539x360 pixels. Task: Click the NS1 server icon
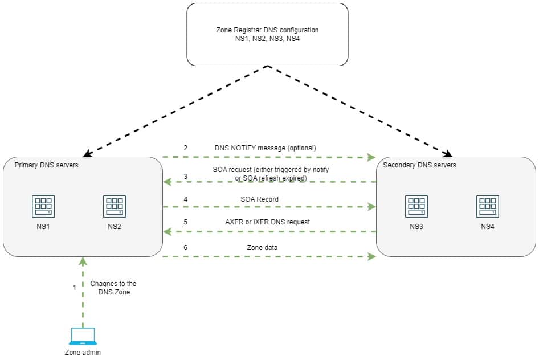pos(43,206)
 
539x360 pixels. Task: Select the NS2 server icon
pos(115,206)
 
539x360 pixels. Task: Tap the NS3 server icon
pos(416,206)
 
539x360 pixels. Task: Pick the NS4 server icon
pos(488,206)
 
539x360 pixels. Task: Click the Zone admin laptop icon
pos(83,337)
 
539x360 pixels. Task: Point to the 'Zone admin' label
pos(83,352)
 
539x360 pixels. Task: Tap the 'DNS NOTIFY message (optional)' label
pos(265,148)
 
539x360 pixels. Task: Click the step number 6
pos(185,248)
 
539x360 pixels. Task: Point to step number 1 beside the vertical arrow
pos(74,288)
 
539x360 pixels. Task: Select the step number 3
pos(185,177)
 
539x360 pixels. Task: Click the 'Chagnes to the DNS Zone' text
pos(113,288)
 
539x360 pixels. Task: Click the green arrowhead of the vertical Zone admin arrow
pos(83,260)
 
